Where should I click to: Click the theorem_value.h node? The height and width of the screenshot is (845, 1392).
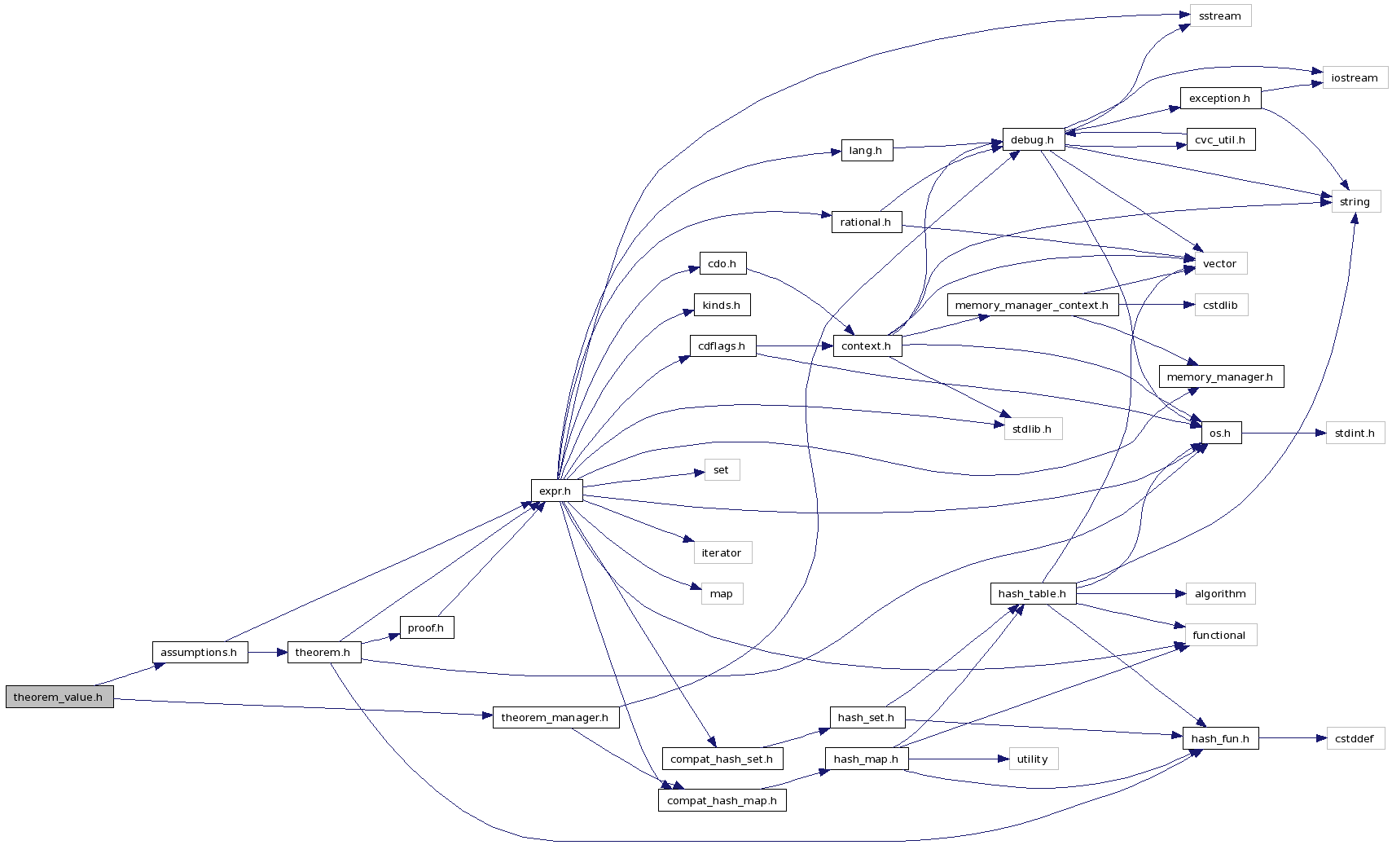[x=59, y=698]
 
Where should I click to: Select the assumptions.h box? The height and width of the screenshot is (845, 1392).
[x=199, y=653]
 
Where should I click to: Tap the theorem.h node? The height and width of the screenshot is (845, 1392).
[x=323, y=653]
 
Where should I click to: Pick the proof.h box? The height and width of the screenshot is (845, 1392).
[x=426, y=628]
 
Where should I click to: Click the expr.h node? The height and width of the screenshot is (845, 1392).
[x=555, y=491]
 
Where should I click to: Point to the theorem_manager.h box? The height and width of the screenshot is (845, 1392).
[x=555, y=718]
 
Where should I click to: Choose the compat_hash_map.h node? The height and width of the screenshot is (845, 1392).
[x=722, y=801]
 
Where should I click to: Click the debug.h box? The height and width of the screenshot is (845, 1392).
[x=1032, y=140]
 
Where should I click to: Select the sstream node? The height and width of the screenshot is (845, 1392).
[x=1219, y=16]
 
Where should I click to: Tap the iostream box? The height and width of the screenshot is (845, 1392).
[x=1355, y=78]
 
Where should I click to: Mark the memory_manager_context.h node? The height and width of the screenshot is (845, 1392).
[x=1031, y=306]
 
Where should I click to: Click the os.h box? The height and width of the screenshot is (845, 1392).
[x=1220, y=434]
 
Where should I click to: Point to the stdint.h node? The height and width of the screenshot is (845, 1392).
[x=1355, y=434]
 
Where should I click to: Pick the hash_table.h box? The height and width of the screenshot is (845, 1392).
[x=1032, y=594]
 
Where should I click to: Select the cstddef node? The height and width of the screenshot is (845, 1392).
[x=1355, y=739]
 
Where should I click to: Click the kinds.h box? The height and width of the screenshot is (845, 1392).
[x=722, y=306]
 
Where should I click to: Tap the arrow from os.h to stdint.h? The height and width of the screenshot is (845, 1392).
[x=1284, y=434]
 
